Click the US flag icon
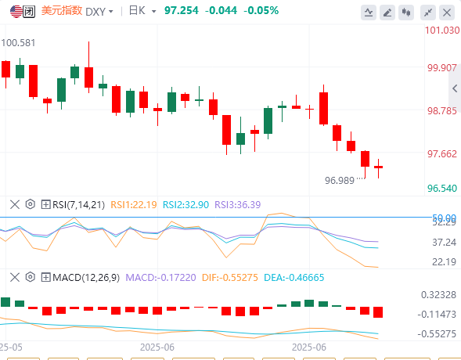point(16,12)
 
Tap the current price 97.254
point(182,11)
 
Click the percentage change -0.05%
point(261,11)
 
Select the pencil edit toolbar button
point(387,13)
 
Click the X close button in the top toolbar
point(447,13)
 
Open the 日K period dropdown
point(142,11)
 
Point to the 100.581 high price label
point(18,43)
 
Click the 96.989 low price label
point(340,181)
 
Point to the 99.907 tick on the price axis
point(442,68)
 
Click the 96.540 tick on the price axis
point(442,189)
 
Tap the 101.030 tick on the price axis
point(442,31)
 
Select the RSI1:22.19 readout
point(134,204)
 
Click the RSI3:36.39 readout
point(238,204)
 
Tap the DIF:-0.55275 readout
point(230,277)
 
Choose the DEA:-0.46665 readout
point(294,277)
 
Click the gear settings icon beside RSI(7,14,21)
point(31,204)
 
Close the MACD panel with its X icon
point(15,277)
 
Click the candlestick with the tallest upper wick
point(88,67)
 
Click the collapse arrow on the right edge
point(455,88)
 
